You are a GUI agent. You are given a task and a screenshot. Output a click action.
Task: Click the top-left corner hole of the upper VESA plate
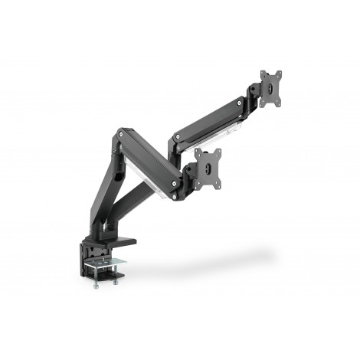(263, 74)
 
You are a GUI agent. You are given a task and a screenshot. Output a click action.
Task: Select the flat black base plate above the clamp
(115, 244)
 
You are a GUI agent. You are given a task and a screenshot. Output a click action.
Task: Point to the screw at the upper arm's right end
(244, 100)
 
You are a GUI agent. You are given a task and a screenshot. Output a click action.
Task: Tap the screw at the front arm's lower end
(178, 184)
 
